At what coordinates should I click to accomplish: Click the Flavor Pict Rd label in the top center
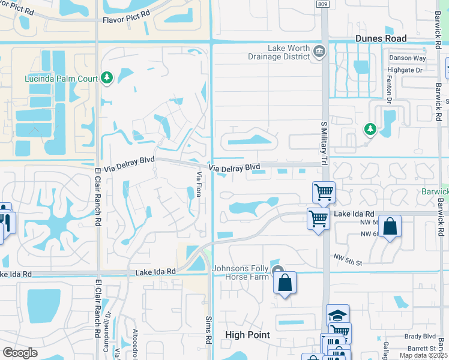[127, 19]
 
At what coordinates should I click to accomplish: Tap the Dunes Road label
[381, 38]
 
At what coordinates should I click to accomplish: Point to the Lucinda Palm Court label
[62, 78]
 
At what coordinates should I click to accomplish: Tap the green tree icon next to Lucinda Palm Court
[107, 77]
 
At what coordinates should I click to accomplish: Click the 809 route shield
[324, 4]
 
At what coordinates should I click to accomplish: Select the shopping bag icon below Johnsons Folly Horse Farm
[285, 283]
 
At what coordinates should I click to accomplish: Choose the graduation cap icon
[337, 315]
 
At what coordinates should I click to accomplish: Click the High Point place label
[247, 335]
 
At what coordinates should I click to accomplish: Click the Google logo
[20, 353]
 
